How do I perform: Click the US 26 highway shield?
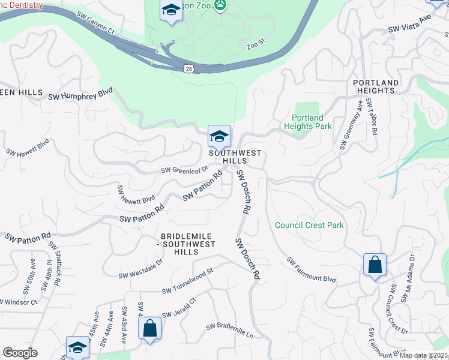coord(188,69)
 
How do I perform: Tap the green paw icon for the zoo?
coord(221,4)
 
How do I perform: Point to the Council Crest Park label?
coord(309,225)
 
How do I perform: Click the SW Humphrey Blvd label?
coord(80,95)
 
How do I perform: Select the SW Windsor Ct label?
coord(19,301)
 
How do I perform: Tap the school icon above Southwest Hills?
coord(219,136)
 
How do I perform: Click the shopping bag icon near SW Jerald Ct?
coord(149,328)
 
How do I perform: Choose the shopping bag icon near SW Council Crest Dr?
coord(375,265)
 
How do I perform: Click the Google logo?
coord(20,353)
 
